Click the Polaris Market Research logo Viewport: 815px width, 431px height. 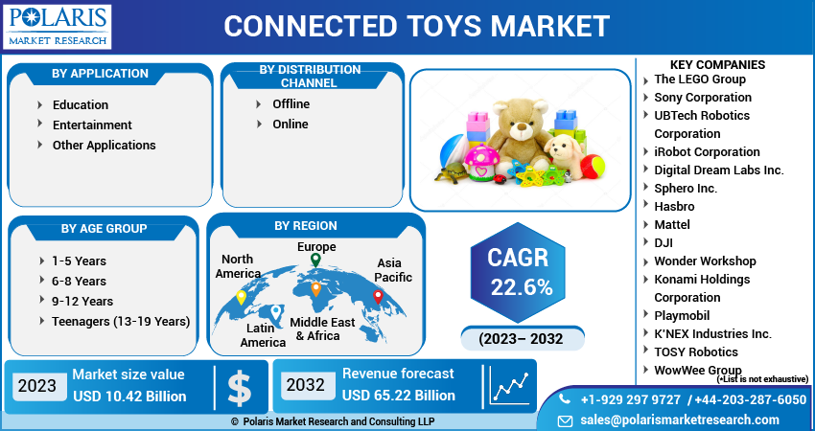[58, 27]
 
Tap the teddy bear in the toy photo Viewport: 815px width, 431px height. [520, 134]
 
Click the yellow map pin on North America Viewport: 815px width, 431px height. [242, 298]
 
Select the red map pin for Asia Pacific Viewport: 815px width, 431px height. [379, 297]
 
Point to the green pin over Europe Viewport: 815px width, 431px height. [315, 261]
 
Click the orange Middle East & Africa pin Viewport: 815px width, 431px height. [316, 289]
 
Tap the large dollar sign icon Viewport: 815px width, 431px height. [240, 387]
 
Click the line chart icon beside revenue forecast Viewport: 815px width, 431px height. [511, 387]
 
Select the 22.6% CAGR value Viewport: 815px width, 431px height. [522, 286]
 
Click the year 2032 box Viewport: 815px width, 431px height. [306, 385]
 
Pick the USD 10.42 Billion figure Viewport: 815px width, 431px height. [129, 397]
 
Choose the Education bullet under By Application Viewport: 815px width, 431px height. [81, 105]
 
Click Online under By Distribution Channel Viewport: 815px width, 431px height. [291, 125]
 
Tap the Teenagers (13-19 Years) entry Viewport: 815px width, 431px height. [121, 322]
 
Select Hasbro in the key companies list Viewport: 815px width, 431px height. [674, 206]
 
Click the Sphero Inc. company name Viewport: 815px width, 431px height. [686, 188]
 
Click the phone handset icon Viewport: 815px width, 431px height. [565, 398]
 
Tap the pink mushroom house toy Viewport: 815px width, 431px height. [481, 163]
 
